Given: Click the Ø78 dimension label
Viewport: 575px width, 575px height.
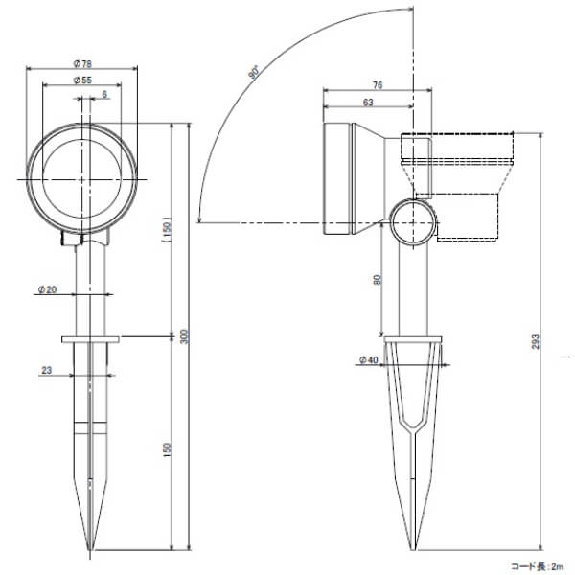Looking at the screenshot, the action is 82,64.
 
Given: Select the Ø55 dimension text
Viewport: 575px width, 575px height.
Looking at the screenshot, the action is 82,80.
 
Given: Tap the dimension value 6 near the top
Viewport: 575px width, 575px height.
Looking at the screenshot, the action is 104,95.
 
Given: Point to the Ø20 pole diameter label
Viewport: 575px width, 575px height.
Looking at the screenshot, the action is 47,289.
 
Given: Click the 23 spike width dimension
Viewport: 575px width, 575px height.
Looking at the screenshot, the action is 47,370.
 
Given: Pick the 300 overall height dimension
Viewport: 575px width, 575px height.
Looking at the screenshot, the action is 186,337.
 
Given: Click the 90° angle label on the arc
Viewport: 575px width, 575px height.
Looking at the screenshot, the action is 254,72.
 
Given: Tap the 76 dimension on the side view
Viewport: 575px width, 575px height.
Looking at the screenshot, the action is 378,85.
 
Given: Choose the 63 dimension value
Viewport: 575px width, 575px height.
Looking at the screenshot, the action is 368,103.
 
